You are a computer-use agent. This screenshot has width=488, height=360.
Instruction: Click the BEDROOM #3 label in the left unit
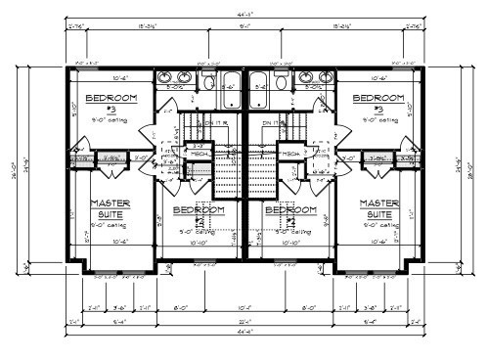click(x=111, y=100)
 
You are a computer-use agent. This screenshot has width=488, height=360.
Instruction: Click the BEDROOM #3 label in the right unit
click(x=377, y=100)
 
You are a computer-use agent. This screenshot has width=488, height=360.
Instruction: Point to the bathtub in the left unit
click(x=232, y=85)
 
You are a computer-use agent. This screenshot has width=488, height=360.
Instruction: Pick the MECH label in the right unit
click(x=291, y=154)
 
